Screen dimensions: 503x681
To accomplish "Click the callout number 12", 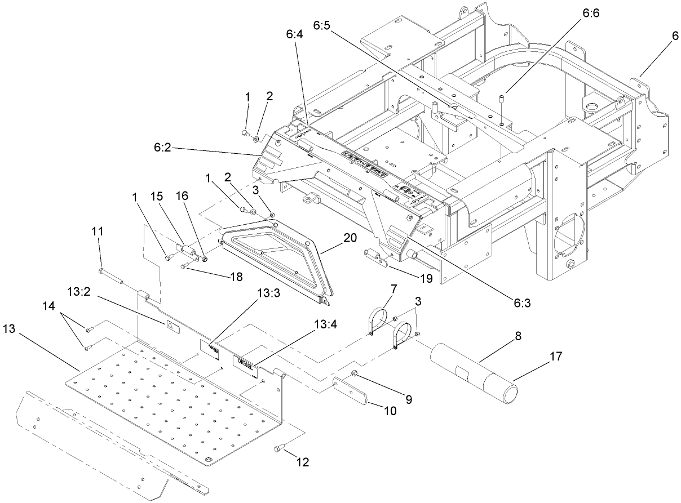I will (x=302, y=462).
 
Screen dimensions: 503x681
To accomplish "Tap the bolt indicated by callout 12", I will (x=279, y=448).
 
